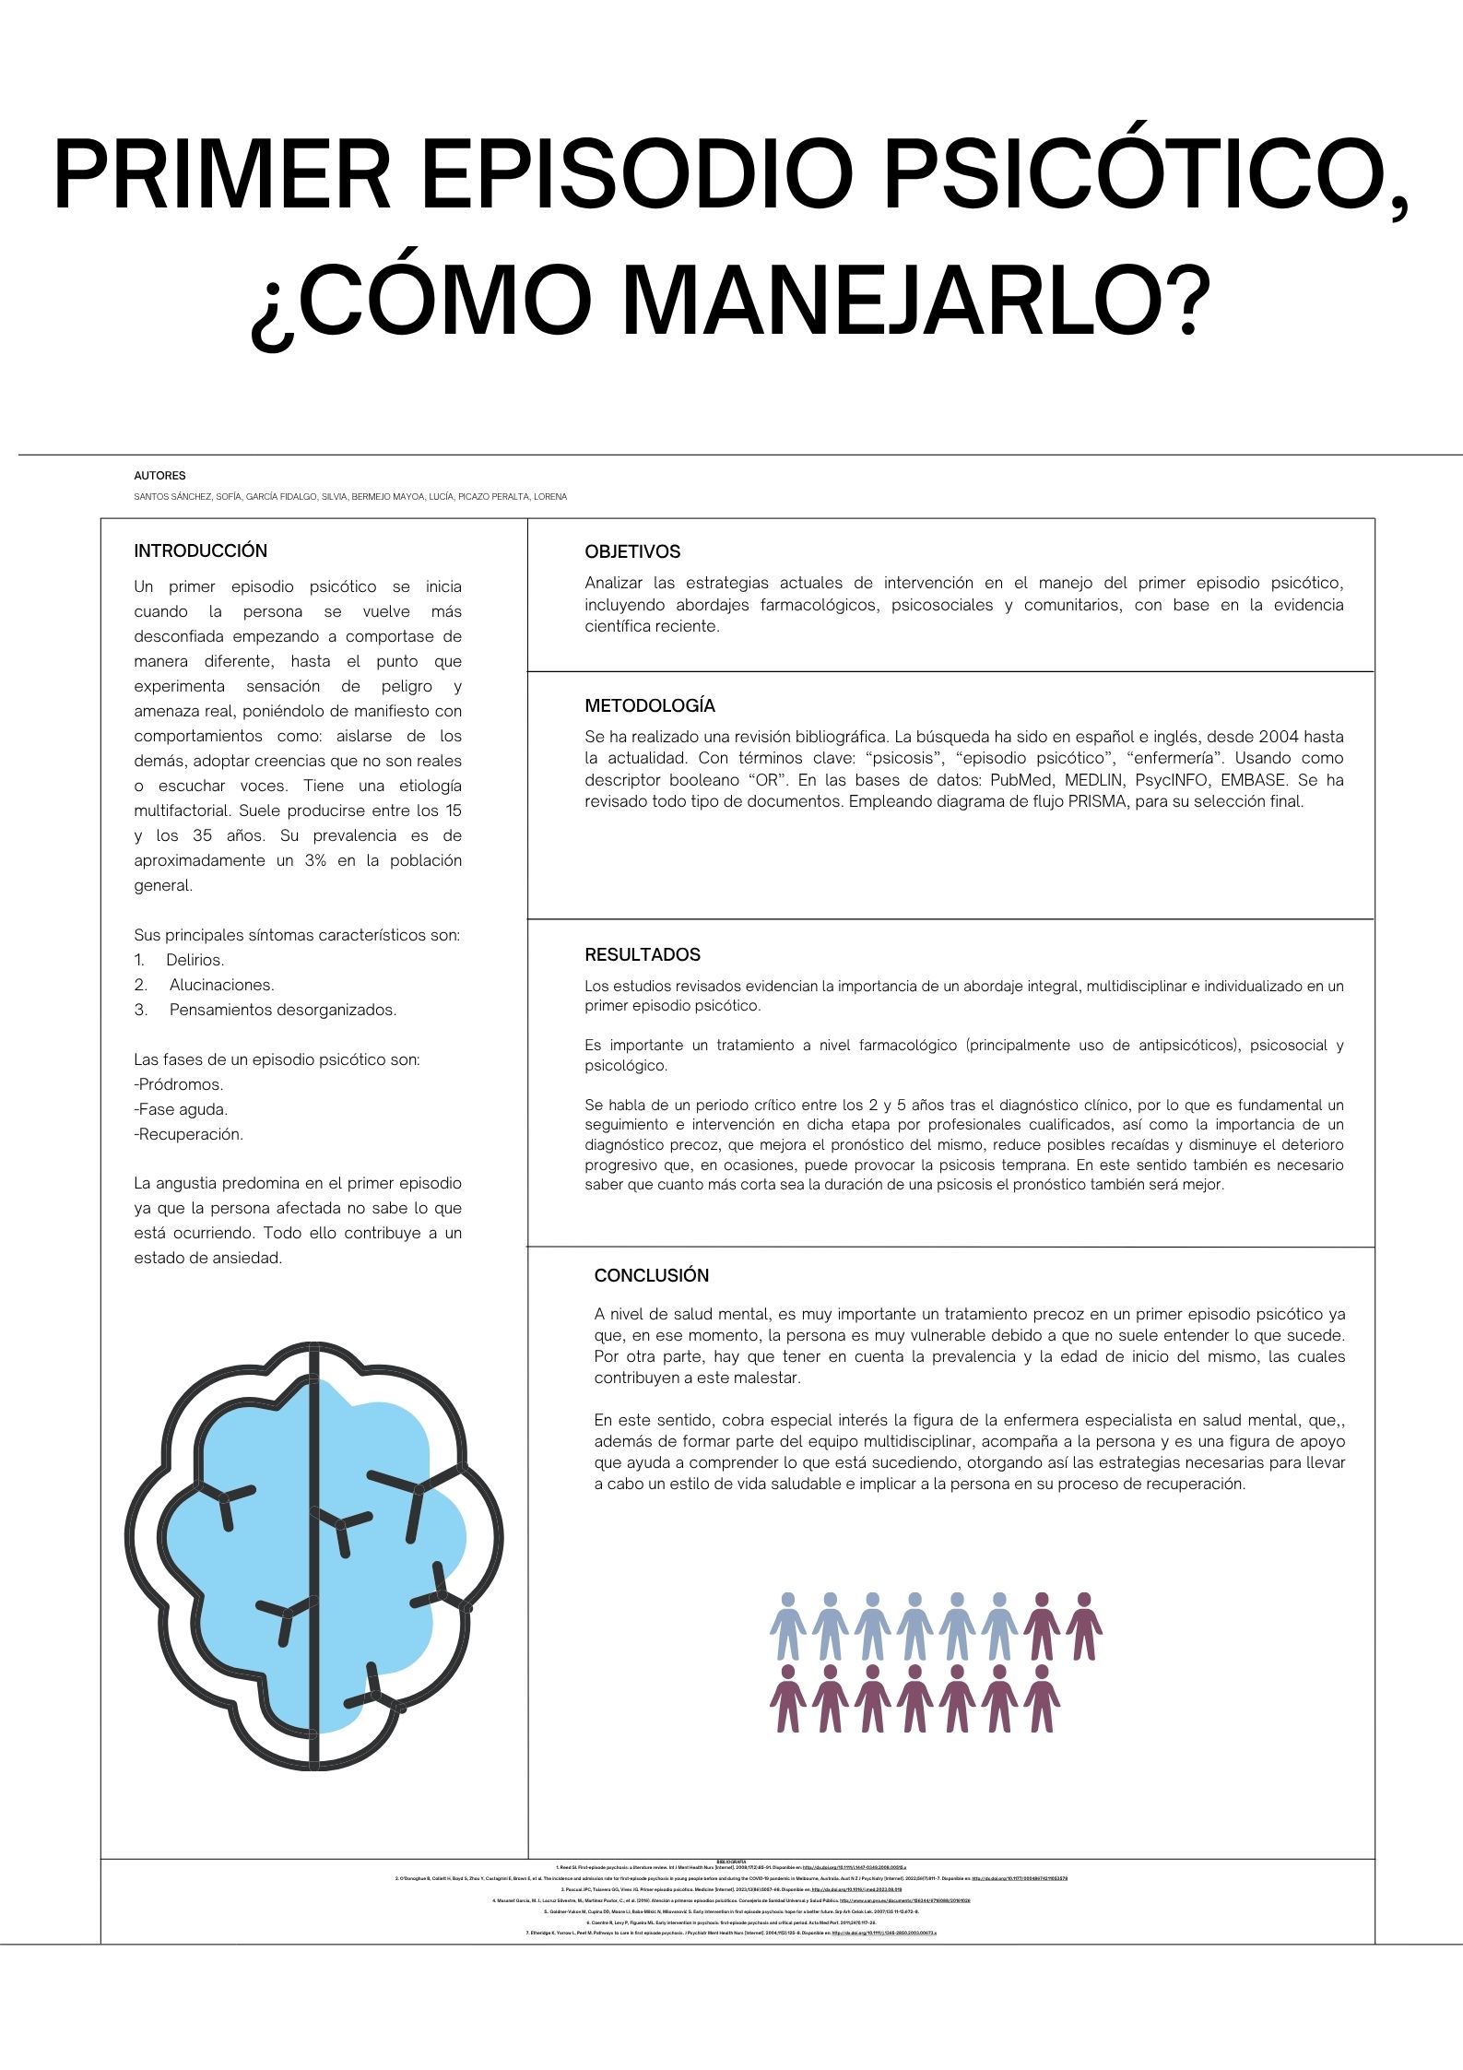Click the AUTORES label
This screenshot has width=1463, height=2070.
(x=159, y=476)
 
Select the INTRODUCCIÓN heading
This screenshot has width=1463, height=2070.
(x=200, y=550)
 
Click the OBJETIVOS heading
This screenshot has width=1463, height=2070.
(x=632, y=551)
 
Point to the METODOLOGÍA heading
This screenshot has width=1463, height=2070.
(x=650, y=705)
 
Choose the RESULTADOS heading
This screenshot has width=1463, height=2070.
(x=643, y=954)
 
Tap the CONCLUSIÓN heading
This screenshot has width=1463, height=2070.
(x=652, y=1275)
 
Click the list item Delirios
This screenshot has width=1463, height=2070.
(x=195, y=960)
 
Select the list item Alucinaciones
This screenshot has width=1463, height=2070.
(x=221, y=985)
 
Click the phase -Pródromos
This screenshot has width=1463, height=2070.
(x=179, y=1084)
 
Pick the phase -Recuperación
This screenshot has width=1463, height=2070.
(x=189, y=1134)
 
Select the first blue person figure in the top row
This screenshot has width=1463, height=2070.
(x=787, y=1626)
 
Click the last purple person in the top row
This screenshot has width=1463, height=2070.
(x=1084, y=1626)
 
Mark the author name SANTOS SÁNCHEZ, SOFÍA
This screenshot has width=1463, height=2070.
(x=188, y=497)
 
